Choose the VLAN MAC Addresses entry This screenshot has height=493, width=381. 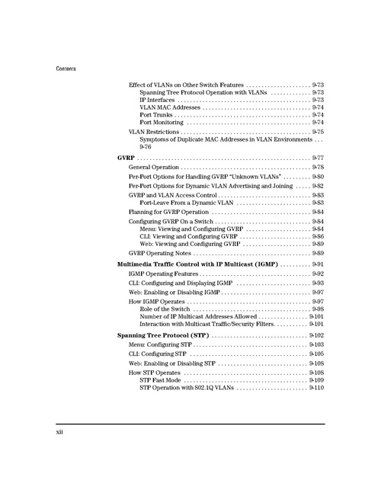pyautogui.click(x=170, y=107)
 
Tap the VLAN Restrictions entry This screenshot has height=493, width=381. pyautogui.click(x=154, y=133)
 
